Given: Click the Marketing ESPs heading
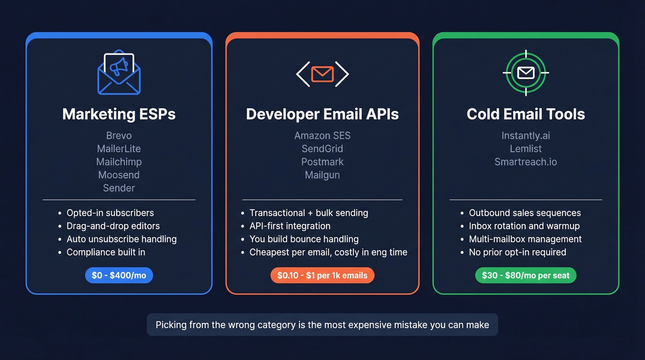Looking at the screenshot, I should (x=119, y=114).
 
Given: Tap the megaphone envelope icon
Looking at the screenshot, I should (x=119, y=72).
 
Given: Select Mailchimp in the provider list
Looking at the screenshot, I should (x=119, y=162).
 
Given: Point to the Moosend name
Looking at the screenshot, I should (x=119, y=175).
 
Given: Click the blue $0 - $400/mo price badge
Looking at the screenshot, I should (x=119, y=276).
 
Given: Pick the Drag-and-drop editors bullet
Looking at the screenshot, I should (x=113, y=226).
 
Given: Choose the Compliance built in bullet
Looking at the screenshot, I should (x=106, y=252).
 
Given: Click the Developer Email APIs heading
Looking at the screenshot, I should (x=322, y=114).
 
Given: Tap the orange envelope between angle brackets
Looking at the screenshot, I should (x=322, y=74).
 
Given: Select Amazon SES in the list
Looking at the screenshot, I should (x=322, y=136).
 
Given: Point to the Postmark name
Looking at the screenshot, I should (x=322, y=162).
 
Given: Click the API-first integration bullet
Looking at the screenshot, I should (x=290, y=226).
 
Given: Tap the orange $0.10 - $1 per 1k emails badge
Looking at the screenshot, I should (x=322, y=276).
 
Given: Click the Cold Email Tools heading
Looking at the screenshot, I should (x=526, y=114).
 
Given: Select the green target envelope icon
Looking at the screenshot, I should (x=526, y=73).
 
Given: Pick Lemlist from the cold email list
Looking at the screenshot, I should (x=526, y=149).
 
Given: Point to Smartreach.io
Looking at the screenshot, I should (x=526, y=162).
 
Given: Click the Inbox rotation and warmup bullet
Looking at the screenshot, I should (x=524, y=226).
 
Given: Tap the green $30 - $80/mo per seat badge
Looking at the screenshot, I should (x=526, y=276).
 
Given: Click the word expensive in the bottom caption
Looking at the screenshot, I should (x=371, y=325).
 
